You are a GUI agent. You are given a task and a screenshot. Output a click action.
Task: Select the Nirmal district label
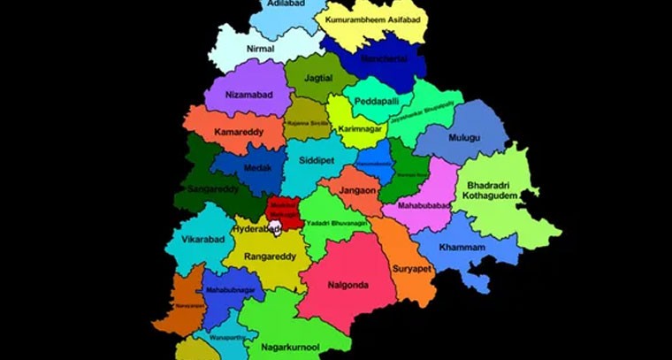click(x=261, y=49)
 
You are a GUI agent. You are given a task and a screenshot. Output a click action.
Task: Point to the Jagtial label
click(x=318, y=79)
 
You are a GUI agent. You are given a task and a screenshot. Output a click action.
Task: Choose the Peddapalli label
click(x=378, y=102)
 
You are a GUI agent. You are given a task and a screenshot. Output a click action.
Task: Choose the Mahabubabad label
click(x=424, y=205)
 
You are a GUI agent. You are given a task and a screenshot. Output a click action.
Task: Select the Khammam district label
click(x=462, y=248)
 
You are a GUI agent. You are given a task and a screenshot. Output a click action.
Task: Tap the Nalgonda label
click(x=347, y=285)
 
